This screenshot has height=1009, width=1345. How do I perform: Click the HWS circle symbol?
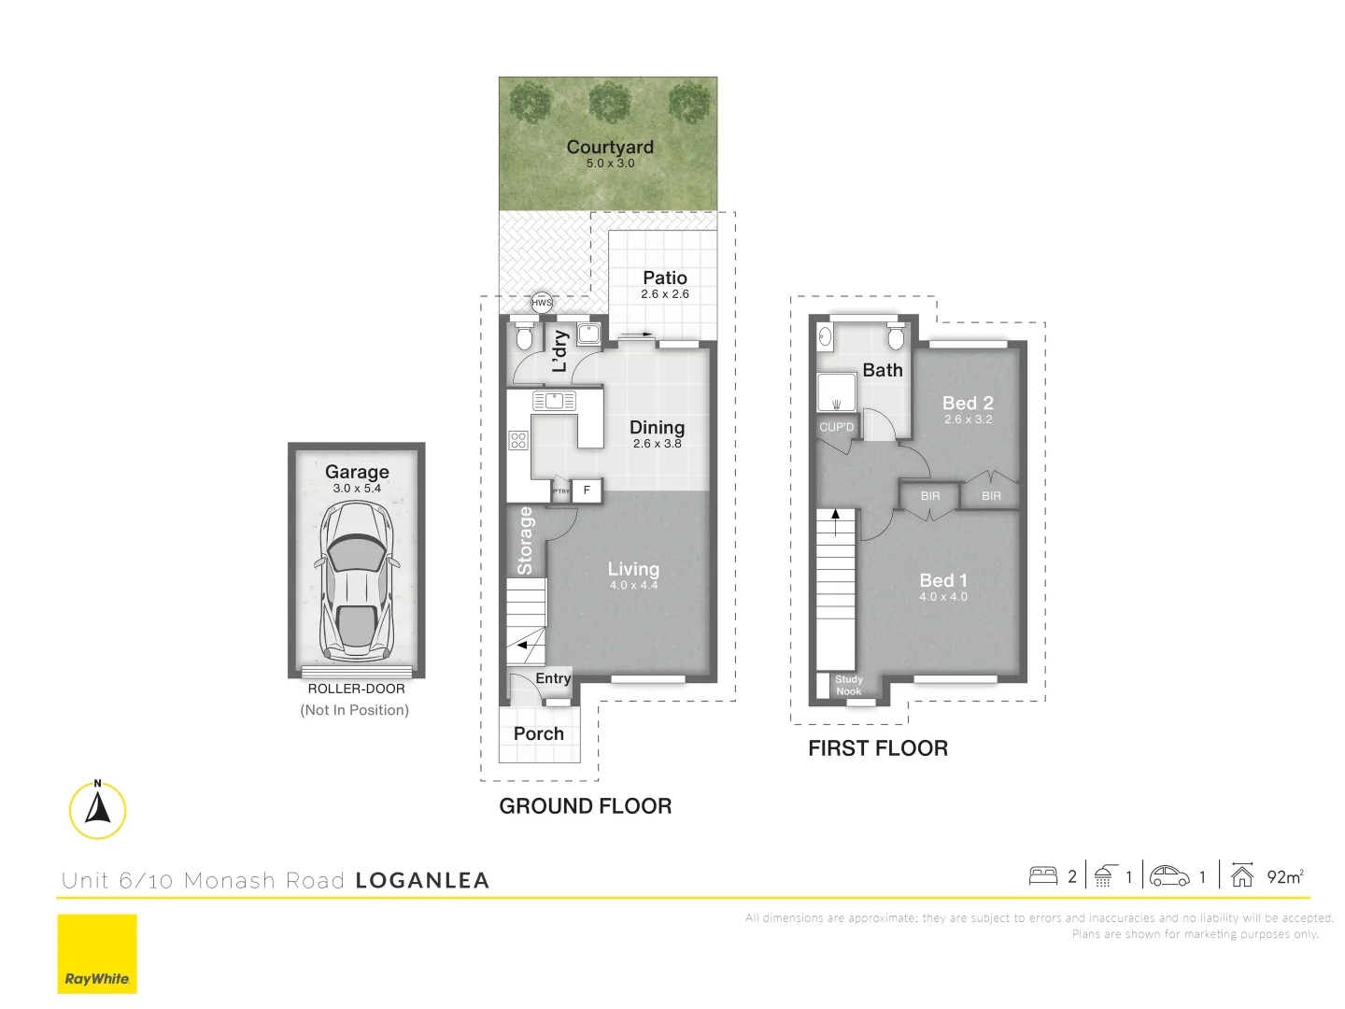pos(542,302)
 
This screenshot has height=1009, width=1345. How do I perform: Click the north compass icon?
pos(97,809)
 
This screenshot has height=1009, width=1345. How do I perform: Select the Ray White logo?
pos(97,954)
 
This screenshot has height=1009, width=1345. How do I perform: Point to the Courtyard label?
pos(610,147)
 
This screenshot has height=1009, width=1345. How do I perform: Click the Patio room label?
pos(665,277)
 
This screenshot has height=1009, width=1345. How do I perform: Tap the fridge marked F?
pos(587,490)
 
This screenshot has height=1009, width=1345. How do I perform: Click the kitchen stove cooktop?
pos(518,440)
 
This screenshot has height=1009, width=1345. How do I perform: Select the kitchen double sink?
pos(554,401)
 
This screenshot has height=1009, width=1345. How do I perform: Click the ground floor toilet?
pos(524,336)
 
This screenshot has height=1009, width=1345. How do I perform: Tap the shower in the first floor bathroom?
pos(836,392)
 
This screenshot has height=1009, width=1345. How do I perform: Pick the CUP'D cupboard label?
pos(836,427)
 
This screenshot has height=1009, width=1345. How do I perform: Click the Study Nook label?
pos(848,686)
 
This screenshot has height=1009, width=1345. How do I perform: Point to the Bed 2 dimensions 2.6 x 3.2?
pos(968,419)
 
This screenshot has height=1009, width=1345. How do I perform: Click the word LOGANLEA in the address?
pos(422,880)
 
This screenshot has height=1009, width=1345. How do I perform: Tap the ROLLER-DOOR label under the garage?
pos(356,689)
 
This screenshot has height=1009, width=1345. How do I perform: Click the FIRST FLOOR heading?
pos(877,748)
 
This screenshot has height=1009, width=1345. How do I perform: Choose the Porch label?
pos(539,733)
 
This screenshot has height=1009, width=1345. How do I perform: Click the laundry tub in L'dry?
pos(588,334)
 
